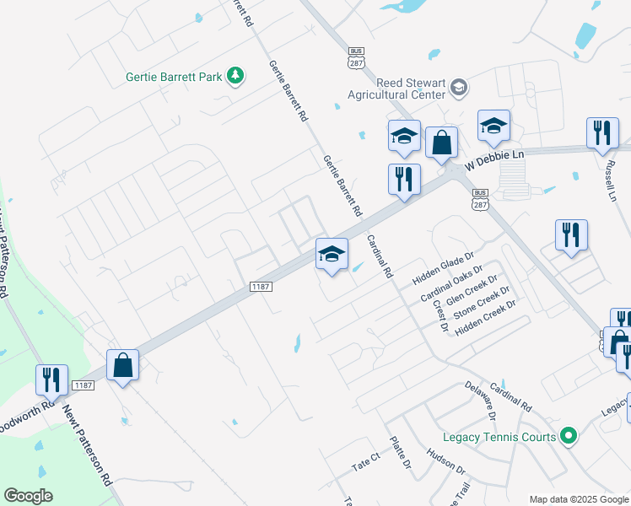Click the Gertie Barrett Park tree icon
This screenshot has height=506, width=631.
coord(237,77)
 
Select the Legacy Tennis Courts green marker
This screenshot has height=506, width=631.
coord(569,436)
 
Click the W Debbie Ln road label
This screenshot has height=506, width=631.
coord(494,158)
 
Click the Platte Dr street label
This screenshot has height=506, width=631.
coord(400,453)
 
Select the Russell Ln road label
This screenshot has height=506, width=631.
coord(609,175)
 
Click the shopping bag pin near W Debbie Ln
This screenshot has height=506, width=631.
coord(441,144)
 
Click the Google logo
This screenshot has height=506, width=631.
coord(28,496)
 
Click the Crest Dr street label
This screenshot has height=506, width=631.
coord(440,315)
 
